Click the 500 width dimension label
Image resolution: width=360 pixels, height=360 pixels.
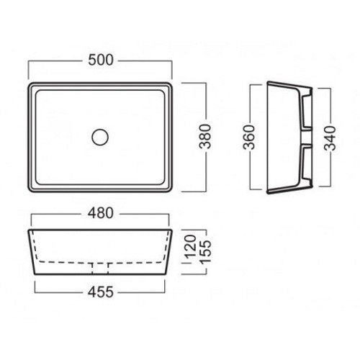(101, 60)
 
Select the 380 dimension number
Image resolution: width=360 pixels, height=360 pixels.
(206, 137)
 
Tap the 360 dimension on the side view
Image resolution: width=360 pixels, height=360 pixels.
(249, 138)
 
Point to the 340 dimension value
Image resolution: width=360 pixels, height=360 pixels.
(330, 138)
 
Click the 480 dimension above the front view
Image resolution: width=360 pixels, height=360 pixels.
(101, 213)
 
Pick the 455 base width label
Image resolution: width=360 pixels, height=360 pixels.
(101, 292)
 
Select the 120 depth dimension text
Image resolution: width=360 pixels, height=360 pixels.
(191, 246)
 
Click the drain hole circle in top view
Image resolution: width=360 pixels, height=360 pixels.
(100, 137)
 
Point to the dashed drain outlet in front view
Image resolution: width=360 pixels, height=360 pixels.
(100, 269)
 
